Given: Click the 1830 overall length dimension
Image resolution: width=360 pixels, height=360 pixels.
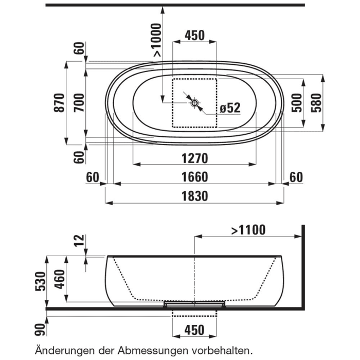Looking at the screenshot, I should click(194, 196).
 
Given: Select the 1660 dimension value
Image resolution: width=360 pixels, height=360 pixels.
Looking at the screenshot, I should click(194, 177).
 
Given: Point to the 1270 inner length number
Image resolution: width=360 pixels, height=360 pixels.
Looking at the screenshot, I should click(194, 158).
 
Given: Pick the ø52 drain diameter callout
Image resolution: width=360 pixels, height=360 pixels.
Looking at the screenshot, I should click(230, 108).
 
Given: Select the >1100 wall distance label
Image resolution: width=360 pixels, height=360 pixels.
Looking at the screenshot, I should click(248, 230).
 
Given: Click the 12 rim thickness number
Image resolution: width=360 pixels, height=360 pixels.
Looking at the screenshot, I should click(78, 239).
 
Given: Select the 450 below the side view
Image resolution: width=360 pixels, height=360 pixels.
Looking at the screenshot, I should click(194, 330).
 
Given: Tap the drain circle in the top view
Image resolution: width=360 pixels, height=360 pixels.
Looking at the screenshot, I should click(194, 103).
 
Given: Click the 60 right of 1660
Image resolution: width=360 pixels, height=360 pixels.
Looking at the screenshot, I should click(296, 177).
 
